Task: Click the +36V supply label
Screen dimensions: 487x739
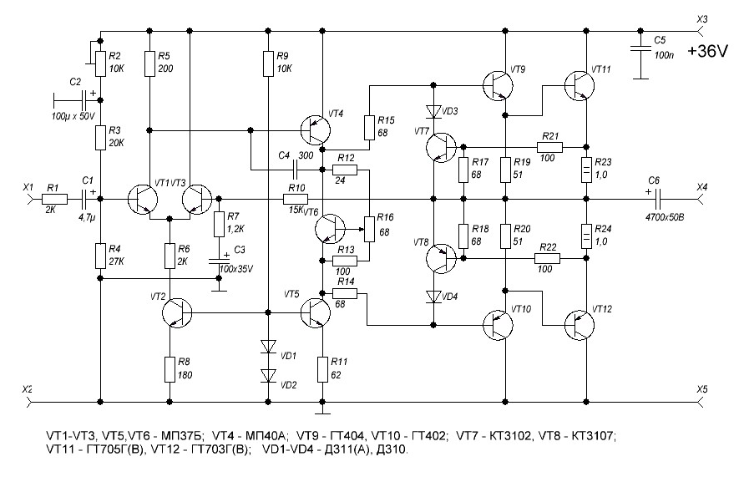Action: (705, 51)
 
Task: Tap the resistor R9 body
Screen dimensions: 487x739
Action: (267, 62)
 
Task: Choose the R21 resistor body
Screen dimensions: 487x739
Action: (550, 148)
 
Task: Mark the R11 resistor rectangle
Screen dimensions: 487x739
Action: (322, 368)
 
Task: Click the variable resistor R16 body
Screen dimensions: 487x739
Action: (367, 226)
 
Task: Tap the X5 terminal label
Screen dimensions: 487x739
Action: (701, 389)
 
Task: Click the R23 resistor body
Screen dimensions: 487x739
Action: (585, 168)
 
